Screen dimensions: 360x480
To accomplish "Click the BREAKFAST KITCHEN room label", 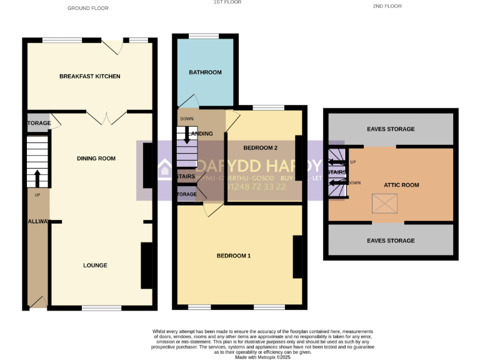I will (89, 76).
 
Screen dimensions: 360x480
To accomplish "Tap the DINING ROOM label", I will (96, 158).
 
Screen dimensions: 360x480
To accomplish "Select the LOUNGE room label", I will (95, 265).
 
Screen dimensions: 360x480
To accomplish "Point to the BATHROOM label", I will (205, 72).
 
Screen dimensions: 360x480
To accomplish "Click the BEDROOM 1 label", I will (234, 256).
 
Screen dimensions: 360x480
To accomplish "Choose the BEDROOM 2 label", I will (260, 147).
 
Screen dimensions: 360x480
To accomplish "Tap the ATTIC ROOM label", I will (401, 185).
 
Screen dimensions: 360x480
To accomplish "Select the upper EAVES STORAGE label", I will (391, 129).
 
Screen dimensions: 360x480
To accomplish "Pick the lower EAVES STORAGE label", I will (391, 241).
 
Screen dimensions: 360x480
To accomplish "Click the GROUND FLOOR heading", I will (87, 8).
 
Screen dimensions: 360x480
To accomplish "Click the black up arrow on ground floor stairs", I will (37, 177).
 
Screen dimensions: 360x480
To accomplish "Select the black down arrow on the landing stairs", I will (186, 136).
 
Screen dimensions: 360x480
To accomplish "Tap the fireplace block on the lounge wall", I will (146, 265).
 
